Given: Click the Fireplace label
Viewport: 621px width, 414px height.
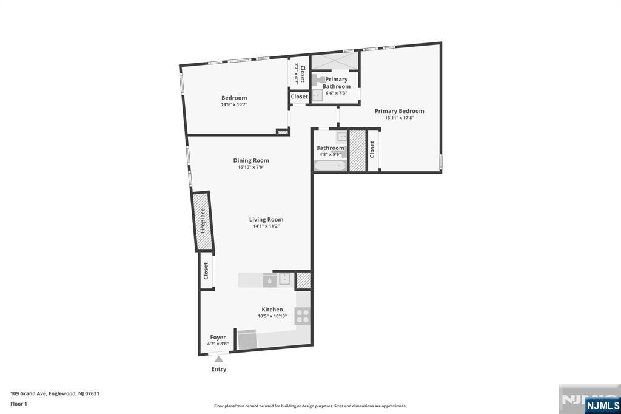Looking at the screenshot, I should (203, 221).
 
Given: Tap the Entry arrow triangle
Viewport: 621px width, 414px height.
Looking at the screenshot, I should (218, 359).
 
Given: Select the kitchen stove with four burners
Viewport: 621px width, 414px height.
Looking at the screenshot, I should (303, 316).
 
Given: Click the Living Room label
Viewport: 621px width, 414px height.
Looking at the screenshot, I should (266, 220).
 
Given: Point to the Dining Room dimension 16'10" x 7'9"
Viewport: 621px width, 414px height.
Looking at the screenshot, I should (251, 168).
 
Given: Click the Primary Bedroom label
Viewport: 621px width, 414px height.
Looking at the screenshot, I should (399, 111).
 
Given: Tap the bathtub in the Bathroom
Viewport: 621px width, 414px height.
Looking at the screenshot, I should (331, 165).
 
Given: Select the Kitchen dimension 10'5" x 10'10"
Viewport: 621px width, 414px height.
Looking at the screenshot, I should (272, 316).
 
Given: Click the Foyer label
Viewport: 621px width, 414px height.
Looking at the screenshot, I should (218, 338).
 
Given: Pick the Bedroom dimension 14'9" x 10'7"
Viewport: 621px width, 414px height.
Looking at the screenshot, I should (234, 104).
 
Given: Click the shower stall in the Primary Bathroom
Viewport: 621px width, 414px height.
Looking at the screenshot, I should (334, 62).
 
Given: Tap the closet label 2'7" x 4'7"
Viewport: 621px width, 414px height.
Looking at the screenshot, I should (300, 73).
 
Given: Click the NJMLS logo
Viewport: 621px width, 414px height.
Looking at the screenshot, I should (602, 405).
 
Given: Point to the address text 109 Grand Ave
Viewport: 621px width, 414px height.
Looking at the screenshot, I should (55, 393).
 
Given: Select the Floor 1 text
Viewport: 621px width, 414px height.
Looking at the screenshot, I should (19, 403).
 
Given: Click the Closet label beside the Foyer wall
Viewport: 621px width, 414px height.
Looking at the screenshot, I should (206, 271).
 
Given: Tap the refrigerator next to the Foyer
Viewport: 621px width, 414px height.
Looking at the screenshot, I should (247, 340).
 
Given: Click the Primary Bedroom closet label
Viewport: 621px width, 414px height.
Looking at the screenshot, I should (372, 149).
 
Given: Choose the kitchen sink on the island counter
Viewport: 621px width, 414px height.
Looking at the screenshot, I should (284, 279).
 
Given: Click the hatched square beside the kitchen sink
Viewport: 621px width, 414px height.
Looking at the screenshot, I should (303, 280).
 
